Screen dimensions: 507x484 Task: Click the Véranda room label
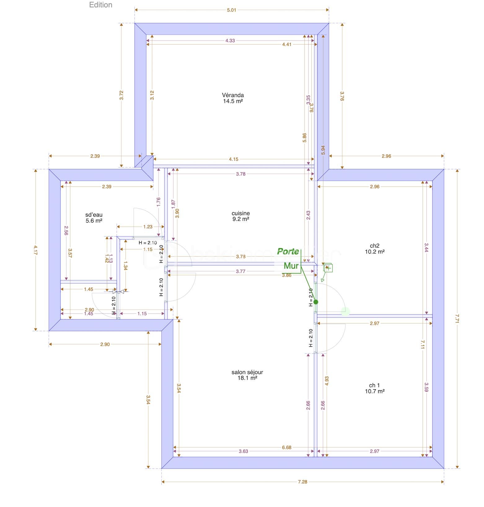[x=233, y=98]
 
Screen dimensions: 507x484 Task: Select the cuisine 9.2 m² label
[x=240, y=216]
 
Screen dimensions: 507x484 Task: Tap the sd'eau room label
[x=94, y=218]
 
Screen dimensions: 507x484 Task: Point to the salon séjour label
[x=247, y=375]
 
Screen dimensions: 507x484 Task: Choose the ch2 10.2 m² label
[x=375, y=249]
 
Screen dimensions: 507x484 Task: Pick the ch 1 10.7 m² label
[x=375, y=388]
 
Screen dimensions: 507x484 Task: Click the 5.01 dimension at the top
[x=231, y=10]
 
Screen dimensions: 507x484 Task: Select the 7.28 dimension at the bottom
[x=302, y=482]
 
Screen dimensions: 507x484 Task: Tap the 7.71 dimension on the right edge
[x=457, y=319]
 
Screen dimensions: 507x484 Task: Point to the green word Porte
[x=288, y=251]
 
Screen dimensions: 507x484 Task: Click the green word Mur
[x=291, y=266]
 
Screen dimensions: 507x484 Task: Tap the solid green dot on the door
[x=316, y=302]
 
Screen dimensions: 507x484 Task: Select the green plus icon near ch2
[x=328, y=268]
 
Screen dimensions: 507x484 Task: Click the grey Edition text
[x=101, y=5]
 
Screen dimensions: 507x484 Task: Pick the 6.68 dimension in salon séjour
[x=286, y=447]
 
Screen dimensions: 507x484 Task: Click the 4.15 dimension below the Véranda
[x=233, y=159]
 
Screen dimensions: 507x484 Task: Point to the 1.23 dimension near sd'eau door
[x=148, y=227]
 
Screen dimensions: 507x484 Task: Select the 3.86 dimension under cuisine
[x=286, y=275]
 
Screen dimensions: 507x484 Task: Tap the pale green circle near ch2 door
[x=345, y=311]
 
